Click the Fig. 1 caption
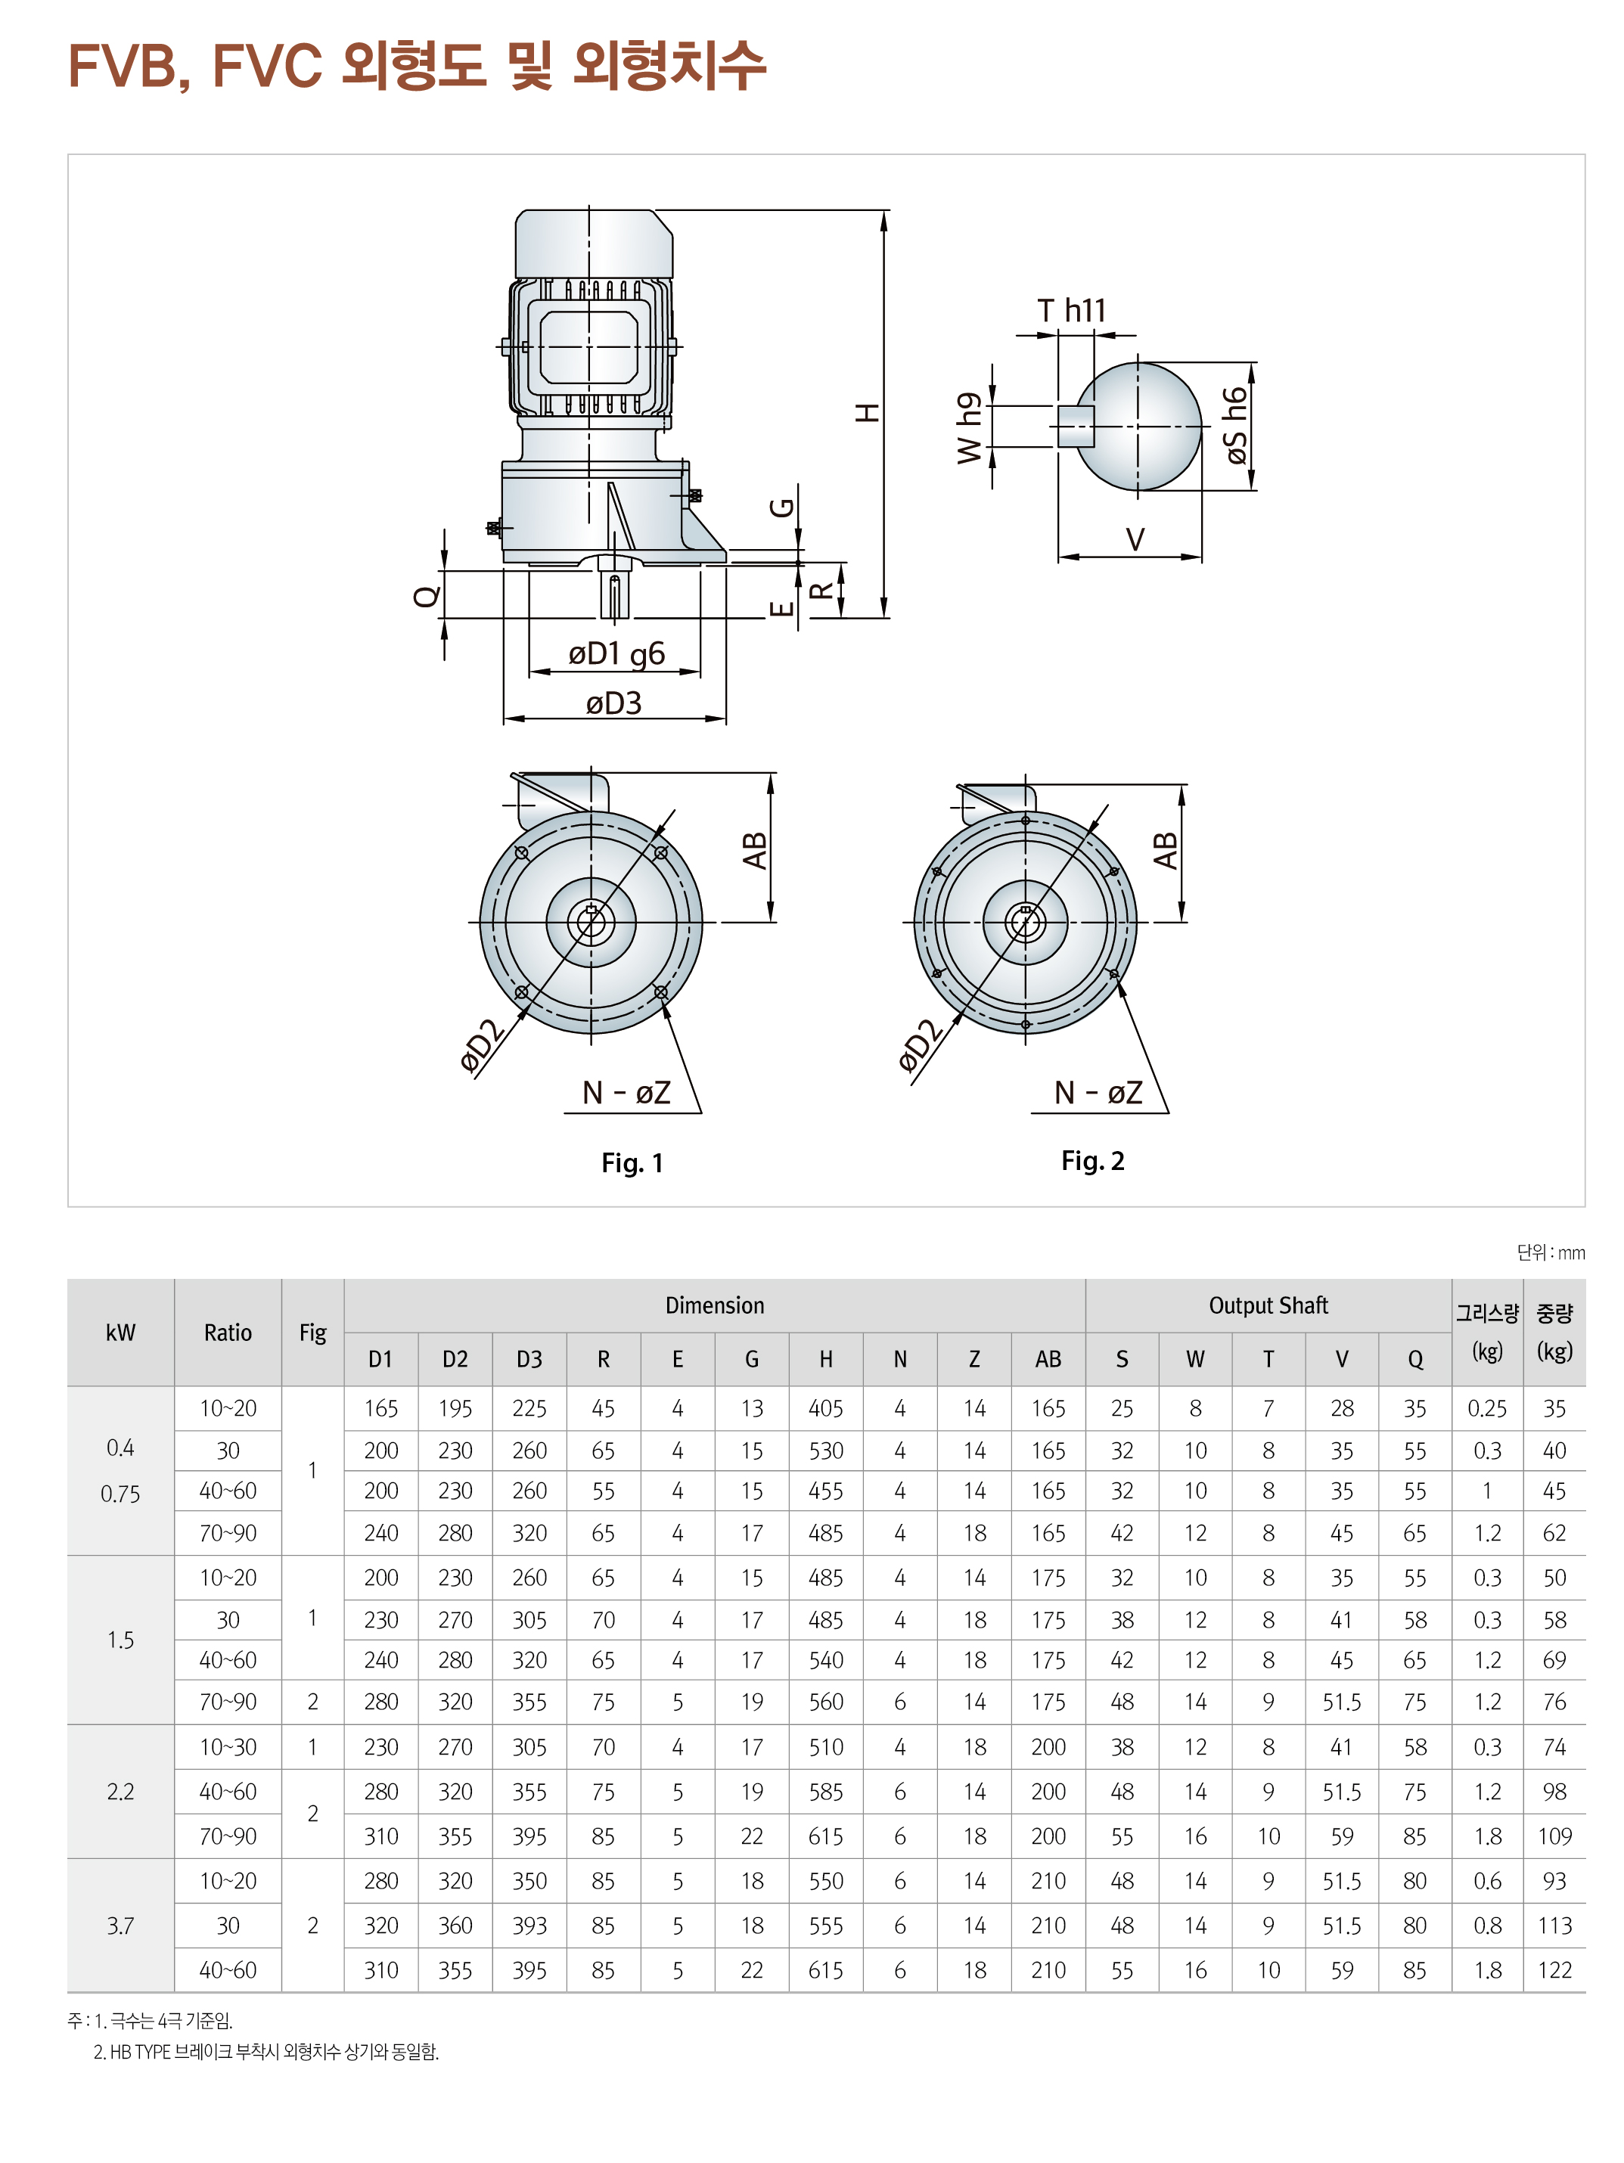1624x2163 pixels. [x=632, y=1162]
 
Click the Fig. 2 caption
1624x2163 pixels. [x=1092, y=1161]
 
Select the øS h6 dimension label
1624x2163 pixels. [x=1235, y=427]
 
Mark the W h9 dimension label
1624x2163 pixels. [x=968, y=428]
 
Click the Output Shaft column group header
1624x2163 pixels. [x=1267, y=1305]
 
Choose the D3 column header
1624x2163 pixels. [x=529, y=1359]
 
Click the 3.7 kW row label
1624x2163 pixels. [x=120, y=1926]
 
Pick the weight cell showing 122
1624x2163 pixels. [x=1554, y=1970]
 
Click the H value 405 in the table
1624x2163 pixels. [x=825, y=1408]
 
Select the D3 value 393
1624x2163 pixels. [x=529, y=1926]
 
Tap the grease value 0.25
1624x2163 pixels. [x=1486, y=1408]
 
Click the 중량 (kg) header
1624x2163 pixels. [x=1554, y=1332]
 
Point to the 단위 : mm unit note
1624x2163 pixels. [x=1550, y=1252]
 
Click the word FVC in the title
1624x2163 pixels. [x=267, y=66]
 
